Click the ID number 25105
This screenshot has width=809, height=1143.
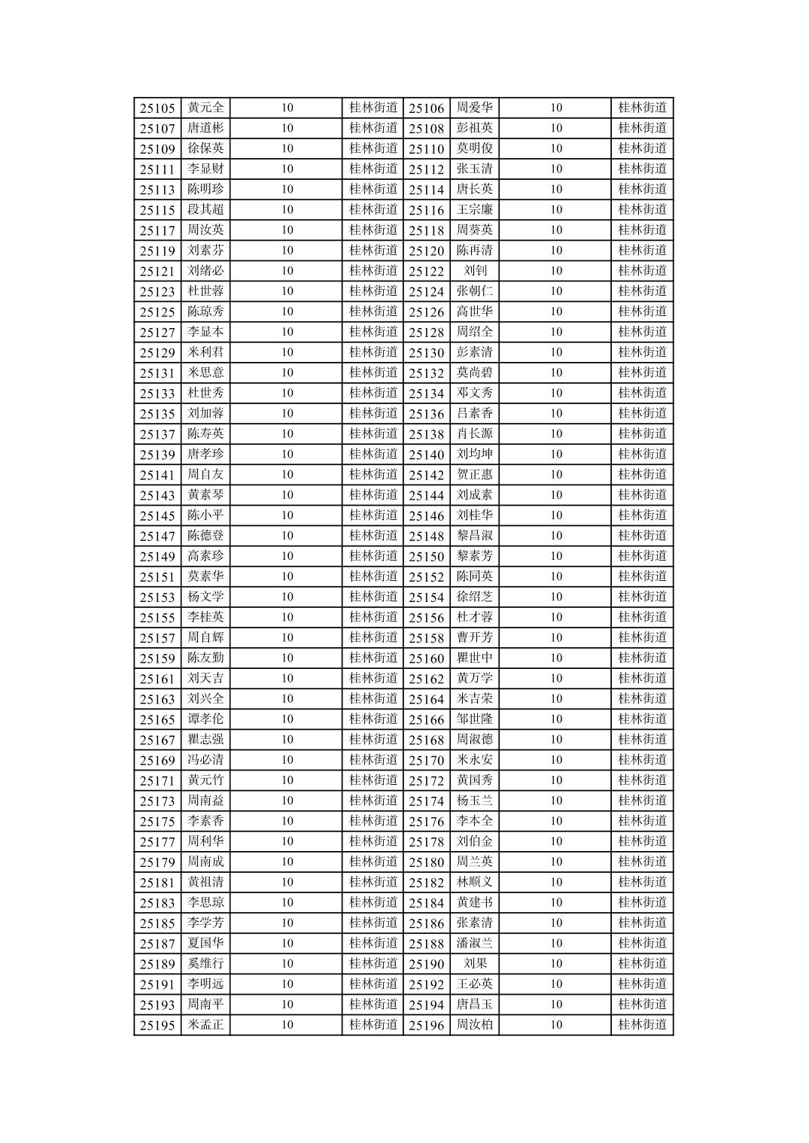pyautogui.click(x=157, y=108)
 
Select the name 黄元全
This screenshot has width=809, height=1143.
pyautogui.click(x=205, y=108)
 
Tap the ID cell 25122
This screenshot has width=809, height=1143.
pyautogui.click(x=427, y=271)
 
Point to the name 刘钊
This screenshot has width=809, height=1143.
pyautogui.click(x=475, y=271)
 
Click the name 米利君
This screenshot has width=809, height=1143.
pyautogui.click(x=205, y=352)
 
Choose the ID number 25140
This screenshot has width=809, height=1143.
pyautogui.click(x=427, y=454)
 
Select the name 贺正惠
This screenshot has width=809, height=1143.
pyautogui.click(x=475, y=475)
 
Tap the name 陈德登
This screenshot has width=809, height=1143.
pyautogui.click(x=205, y=536)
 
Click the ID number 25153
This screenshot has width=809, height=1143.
pyautogui.click(x=157, y=597)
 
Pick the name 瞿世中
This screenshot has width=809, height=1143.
pyautogui.click(x=475, y=658)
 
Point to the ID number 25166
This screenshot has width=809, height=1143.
pyautogui.click(x=427, y=719)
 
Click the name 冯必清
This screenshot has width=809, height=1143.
pyautogui.click(x=205, y=760)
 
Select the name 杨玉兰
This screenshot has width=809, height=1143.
pyautogui.click(x=475, y=801)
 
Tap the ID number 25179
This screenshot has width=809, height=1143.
pyautogui.click(x=157, y=862)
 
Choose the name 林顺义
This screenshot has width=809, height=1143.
pyautogui.click(x=475, y=882)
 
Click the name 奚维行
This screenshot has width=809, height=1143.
pyautogui.click(x=205, y=964)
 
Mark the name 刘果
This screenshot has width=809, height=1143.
pyautogui.click(x=475, y=964)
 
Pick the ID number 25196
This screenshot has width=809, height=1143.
pyautogui.click(x=427, y=1025)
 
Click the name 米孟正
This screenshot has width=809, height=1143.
pyautogui.click(x=205, y=1025)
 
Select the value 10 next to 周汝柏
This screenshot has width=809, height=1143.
pyautogui.click(x=555, y=1025)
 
